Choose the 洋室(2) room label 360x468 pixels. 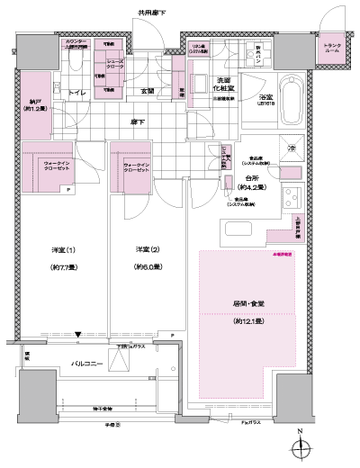147,249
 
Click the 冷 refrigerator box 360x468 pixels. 290,147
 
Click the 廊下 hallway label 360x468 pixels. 143,120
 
